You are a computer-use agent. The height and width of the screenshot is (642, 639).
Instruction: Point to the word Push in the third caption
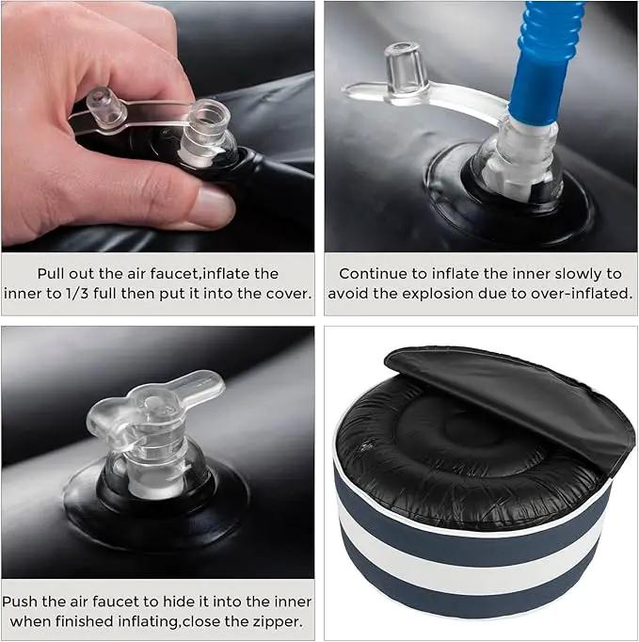tap(20, 602)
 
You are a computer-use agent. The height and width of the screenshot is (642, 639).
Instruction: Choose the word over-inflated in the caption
tap(583, 294)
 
